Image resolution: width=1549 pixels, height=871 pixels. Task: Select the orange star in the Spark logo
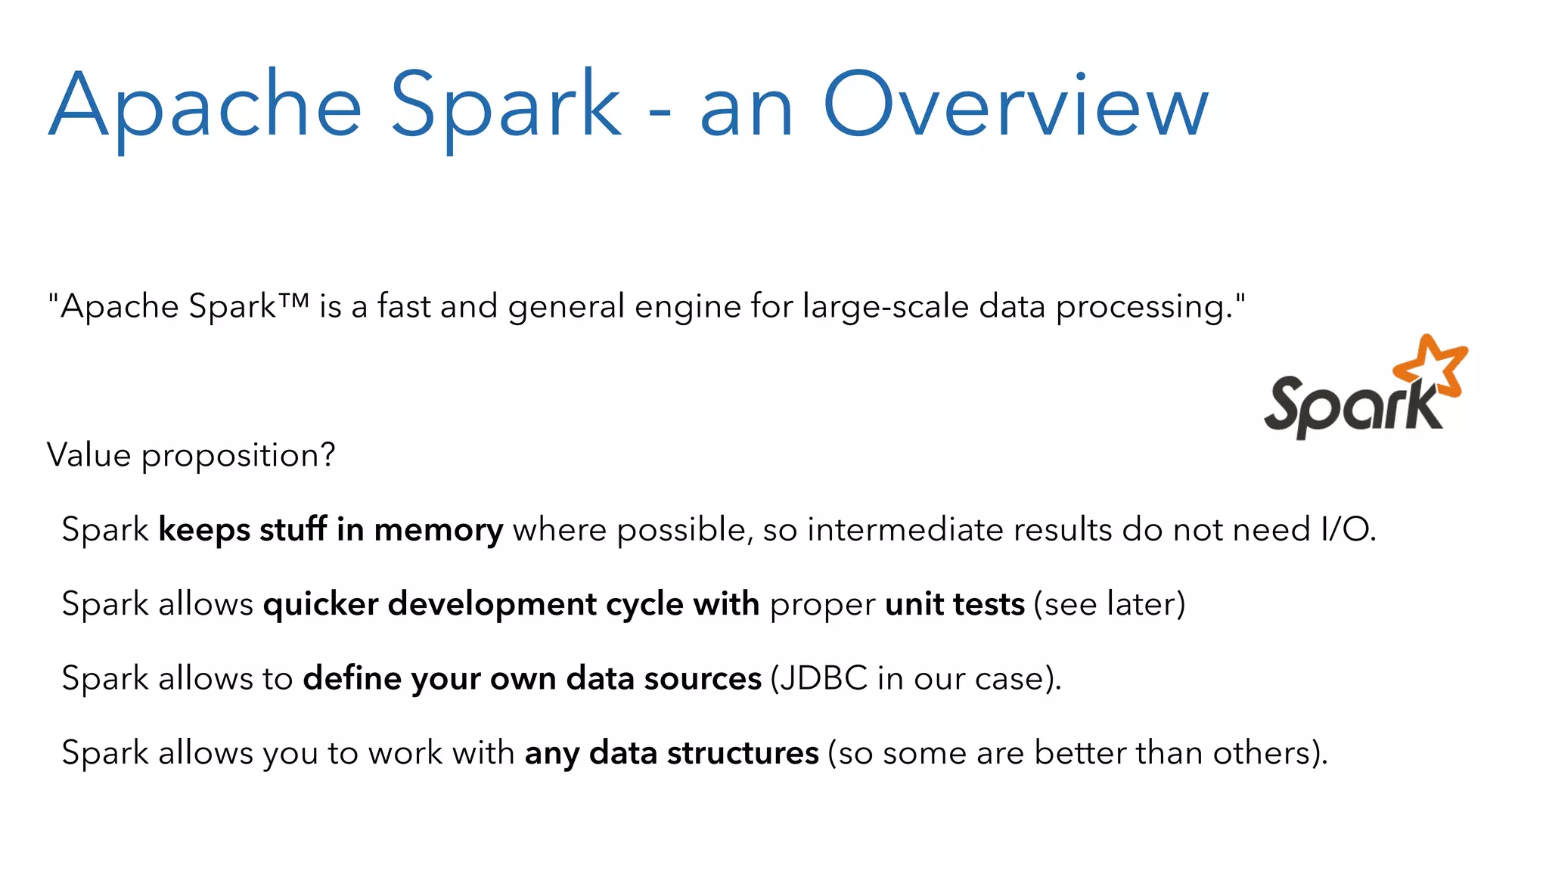[x=1432, y=366]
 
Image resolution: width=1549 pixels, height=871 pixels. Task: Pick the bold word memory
[x=438, y=529]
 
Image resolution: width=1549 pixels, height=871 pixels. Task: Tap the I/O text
[x=1346, y=529]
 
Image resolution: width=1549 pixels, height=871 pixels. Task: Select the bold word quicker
[x=320, y=604]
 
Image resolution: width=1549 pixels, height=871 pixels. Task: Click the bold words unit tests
[x=955, y=604]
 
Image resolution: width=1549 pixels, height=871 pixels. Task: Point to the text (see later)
[x=1109, y=604]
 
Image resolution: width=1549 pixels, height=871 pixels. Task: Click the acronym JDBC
[x=823, y=678]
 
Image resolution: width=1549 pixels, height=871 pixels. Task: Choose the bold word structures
[x=743, y=753]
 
